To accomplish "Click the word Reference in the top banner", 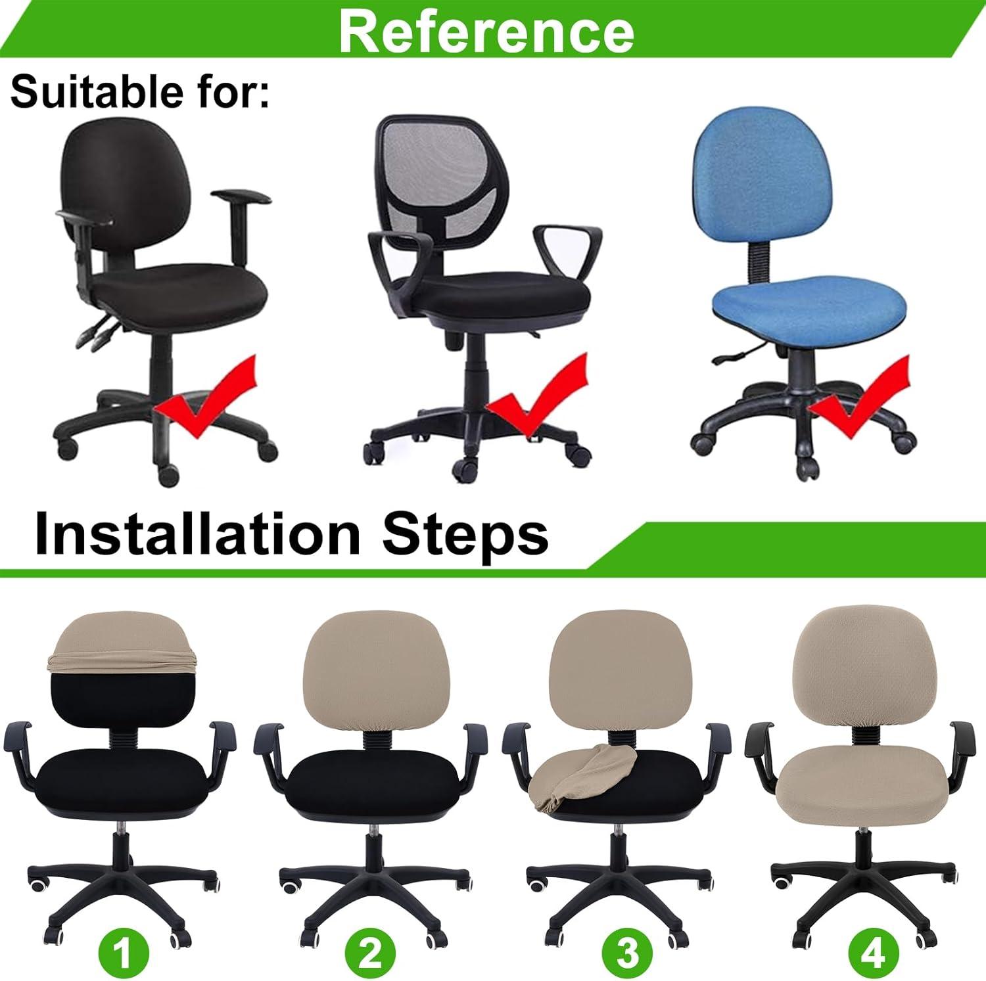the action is tap(486, 31).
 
